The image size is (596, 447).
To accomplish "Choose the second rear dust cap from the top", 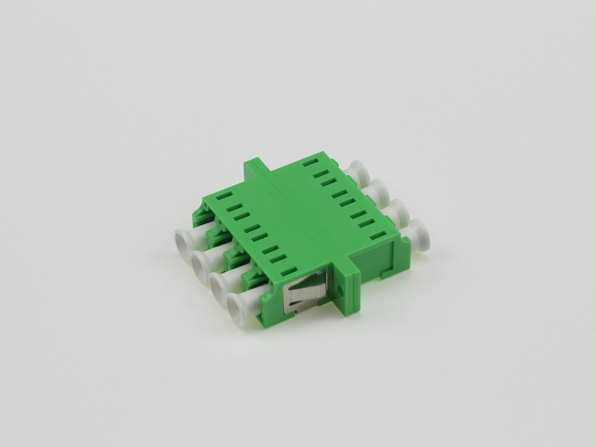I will (x=377, y=189).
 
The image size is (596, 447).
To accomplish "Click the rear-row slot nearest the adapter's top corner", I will (x=309, y=162).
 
